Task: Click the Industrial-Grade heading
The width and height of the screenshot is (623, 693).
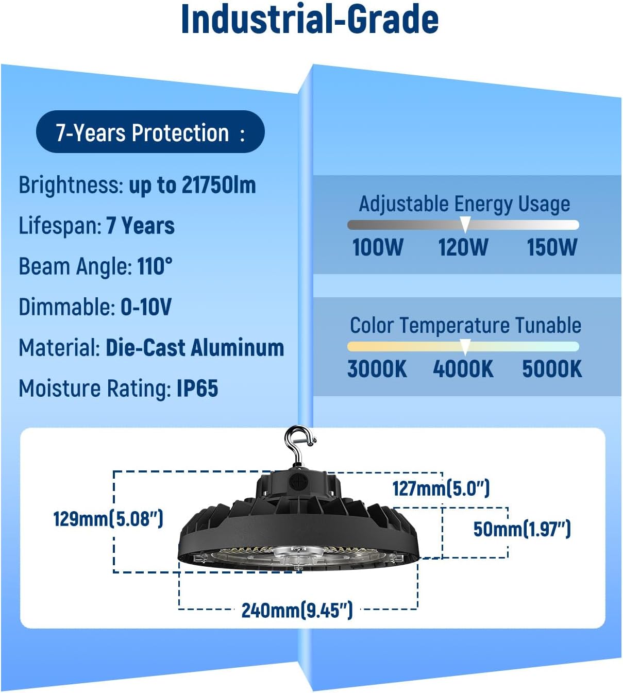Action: pos(310,20)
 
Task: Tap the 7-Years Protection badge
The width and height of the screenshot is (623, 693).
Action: pos(150,132)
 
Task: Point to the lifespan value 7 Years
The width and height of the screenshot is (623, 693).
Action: pos(140,226)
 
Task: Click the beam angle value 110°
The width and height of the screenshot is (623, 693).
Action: pos(155,266)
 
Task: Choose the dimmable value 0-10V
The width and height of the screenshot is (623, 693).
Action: pos(146,307)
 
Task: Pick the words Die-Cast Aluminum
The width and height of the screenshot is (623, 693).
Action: pos(195,348)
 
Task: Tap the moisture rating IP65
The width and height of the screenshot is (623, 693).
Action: pos(197,388)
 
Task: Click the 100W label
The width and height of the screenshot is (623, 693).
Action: pos(378,247)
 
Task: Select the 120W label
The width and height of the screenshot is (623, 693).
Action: pos(463,247)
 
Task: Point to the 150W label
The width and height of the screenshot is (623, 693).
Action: pos(552,247)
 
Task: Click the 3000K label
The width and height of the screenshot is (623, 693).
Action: pos(377,369)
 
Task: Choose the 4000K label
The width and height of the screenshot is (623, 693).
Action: pos(463,369)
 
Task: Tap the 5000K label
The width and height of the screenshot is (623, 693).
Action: pos(552,369)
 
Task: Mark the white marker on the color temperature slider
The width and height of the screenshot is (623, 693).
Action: pos(465,347)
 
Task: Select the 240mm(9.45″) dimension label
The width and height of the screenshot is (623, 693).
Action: pos(297,610)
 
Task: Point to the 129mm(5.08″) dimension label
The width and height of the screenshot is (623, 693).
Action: pos(108,518)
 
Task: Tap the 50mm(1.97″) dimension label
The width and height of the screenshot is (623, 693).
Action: pos(522,529)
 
